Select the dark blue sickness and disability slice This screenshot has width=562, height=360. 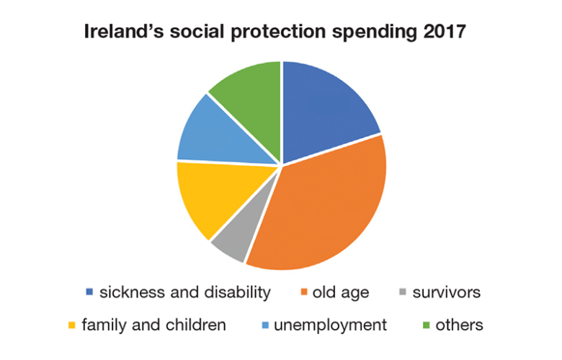click(x=324, y=108)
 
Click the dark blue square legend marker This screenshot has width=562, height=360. click(x=89, y=292)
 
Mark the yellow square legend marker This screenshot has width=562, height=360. click(x=71, y=325)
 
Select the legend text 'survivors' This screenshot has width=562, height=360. click(x=446, y=292)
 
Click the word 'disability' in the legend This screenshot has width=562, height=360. click(x=239, y=292)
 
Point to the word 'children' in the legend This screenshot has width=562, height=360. click(x=195, y=325)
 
